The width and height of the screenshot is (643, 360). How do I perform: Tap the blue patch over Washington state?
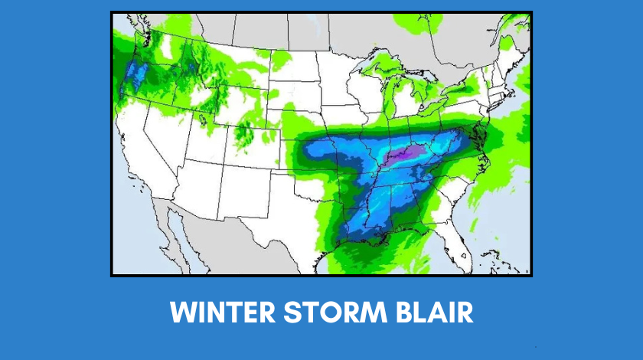pos(136,73)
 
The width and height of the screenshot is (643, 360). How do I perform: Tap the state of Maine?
pos(511,57)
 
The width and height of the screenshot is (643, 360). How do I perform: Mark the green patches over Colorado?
pos(243,132)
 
